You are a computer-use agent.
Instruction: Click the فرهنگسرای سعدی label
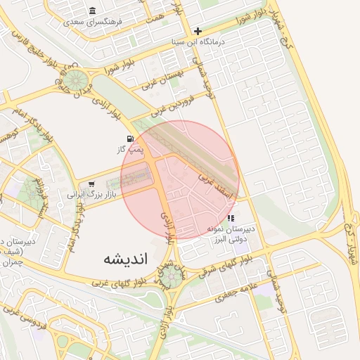(x=93, y=22)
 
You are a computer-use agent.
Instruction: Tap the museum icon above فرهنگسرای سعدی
(x=93, y=11)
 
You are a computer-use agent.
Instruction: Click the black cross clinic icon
(x=198, y=31)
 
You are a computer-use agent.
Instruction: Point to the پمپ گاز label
(x=130, y=150)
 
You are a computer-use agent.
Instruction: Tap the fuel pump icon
(x=130, y=139)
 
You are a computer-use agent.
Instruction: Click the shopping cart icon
(x=91, y=184)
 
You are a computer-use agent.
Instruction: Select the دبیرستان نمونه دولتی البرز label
(x=231, y=234)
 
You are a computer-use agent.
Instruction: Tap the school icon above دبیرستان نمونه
(x=231, y=219)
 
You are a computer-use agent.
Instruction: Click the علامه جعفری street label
(x=238, y=289)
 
